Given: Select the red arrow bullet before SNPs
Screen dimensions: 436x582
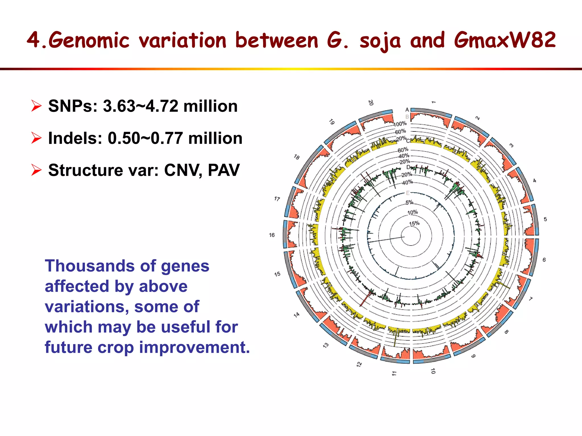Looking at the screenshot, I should [x=36, y=106].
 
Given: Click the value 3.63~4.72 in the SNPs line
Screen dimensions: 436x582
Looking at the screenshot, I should [x=140, y=106].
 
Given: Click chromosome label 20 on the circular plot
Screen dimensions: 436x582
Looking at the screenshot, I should [x=371, y=103].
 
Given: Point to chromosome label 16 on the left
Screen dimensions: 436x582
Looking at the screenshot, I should [x=272, y=235].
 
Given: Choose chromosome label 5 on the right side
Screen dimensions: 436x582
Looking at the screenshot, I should [x=545, y=219].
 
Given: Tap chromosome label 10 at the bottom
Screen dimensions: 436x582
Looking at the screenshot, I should [x=433, y=371].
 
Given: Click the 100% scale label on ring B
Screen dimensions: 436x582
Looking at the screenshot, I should [x=400, y=124].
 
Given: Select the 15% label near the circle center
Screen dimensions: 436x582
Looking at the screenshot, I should [x=414, y=223].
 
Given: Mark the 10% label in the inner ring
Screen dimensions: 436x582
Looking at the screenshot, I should [x=412, y=212].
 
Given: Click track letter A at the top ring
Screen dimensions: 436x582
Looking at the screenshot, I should [x=407, y=110].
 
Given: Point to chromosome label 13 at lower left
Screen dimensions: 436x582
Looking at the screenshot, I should [x=326, y=345].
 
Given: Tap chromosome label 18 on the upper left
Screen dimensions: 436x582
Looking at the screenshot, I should [x=296, y=157].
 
